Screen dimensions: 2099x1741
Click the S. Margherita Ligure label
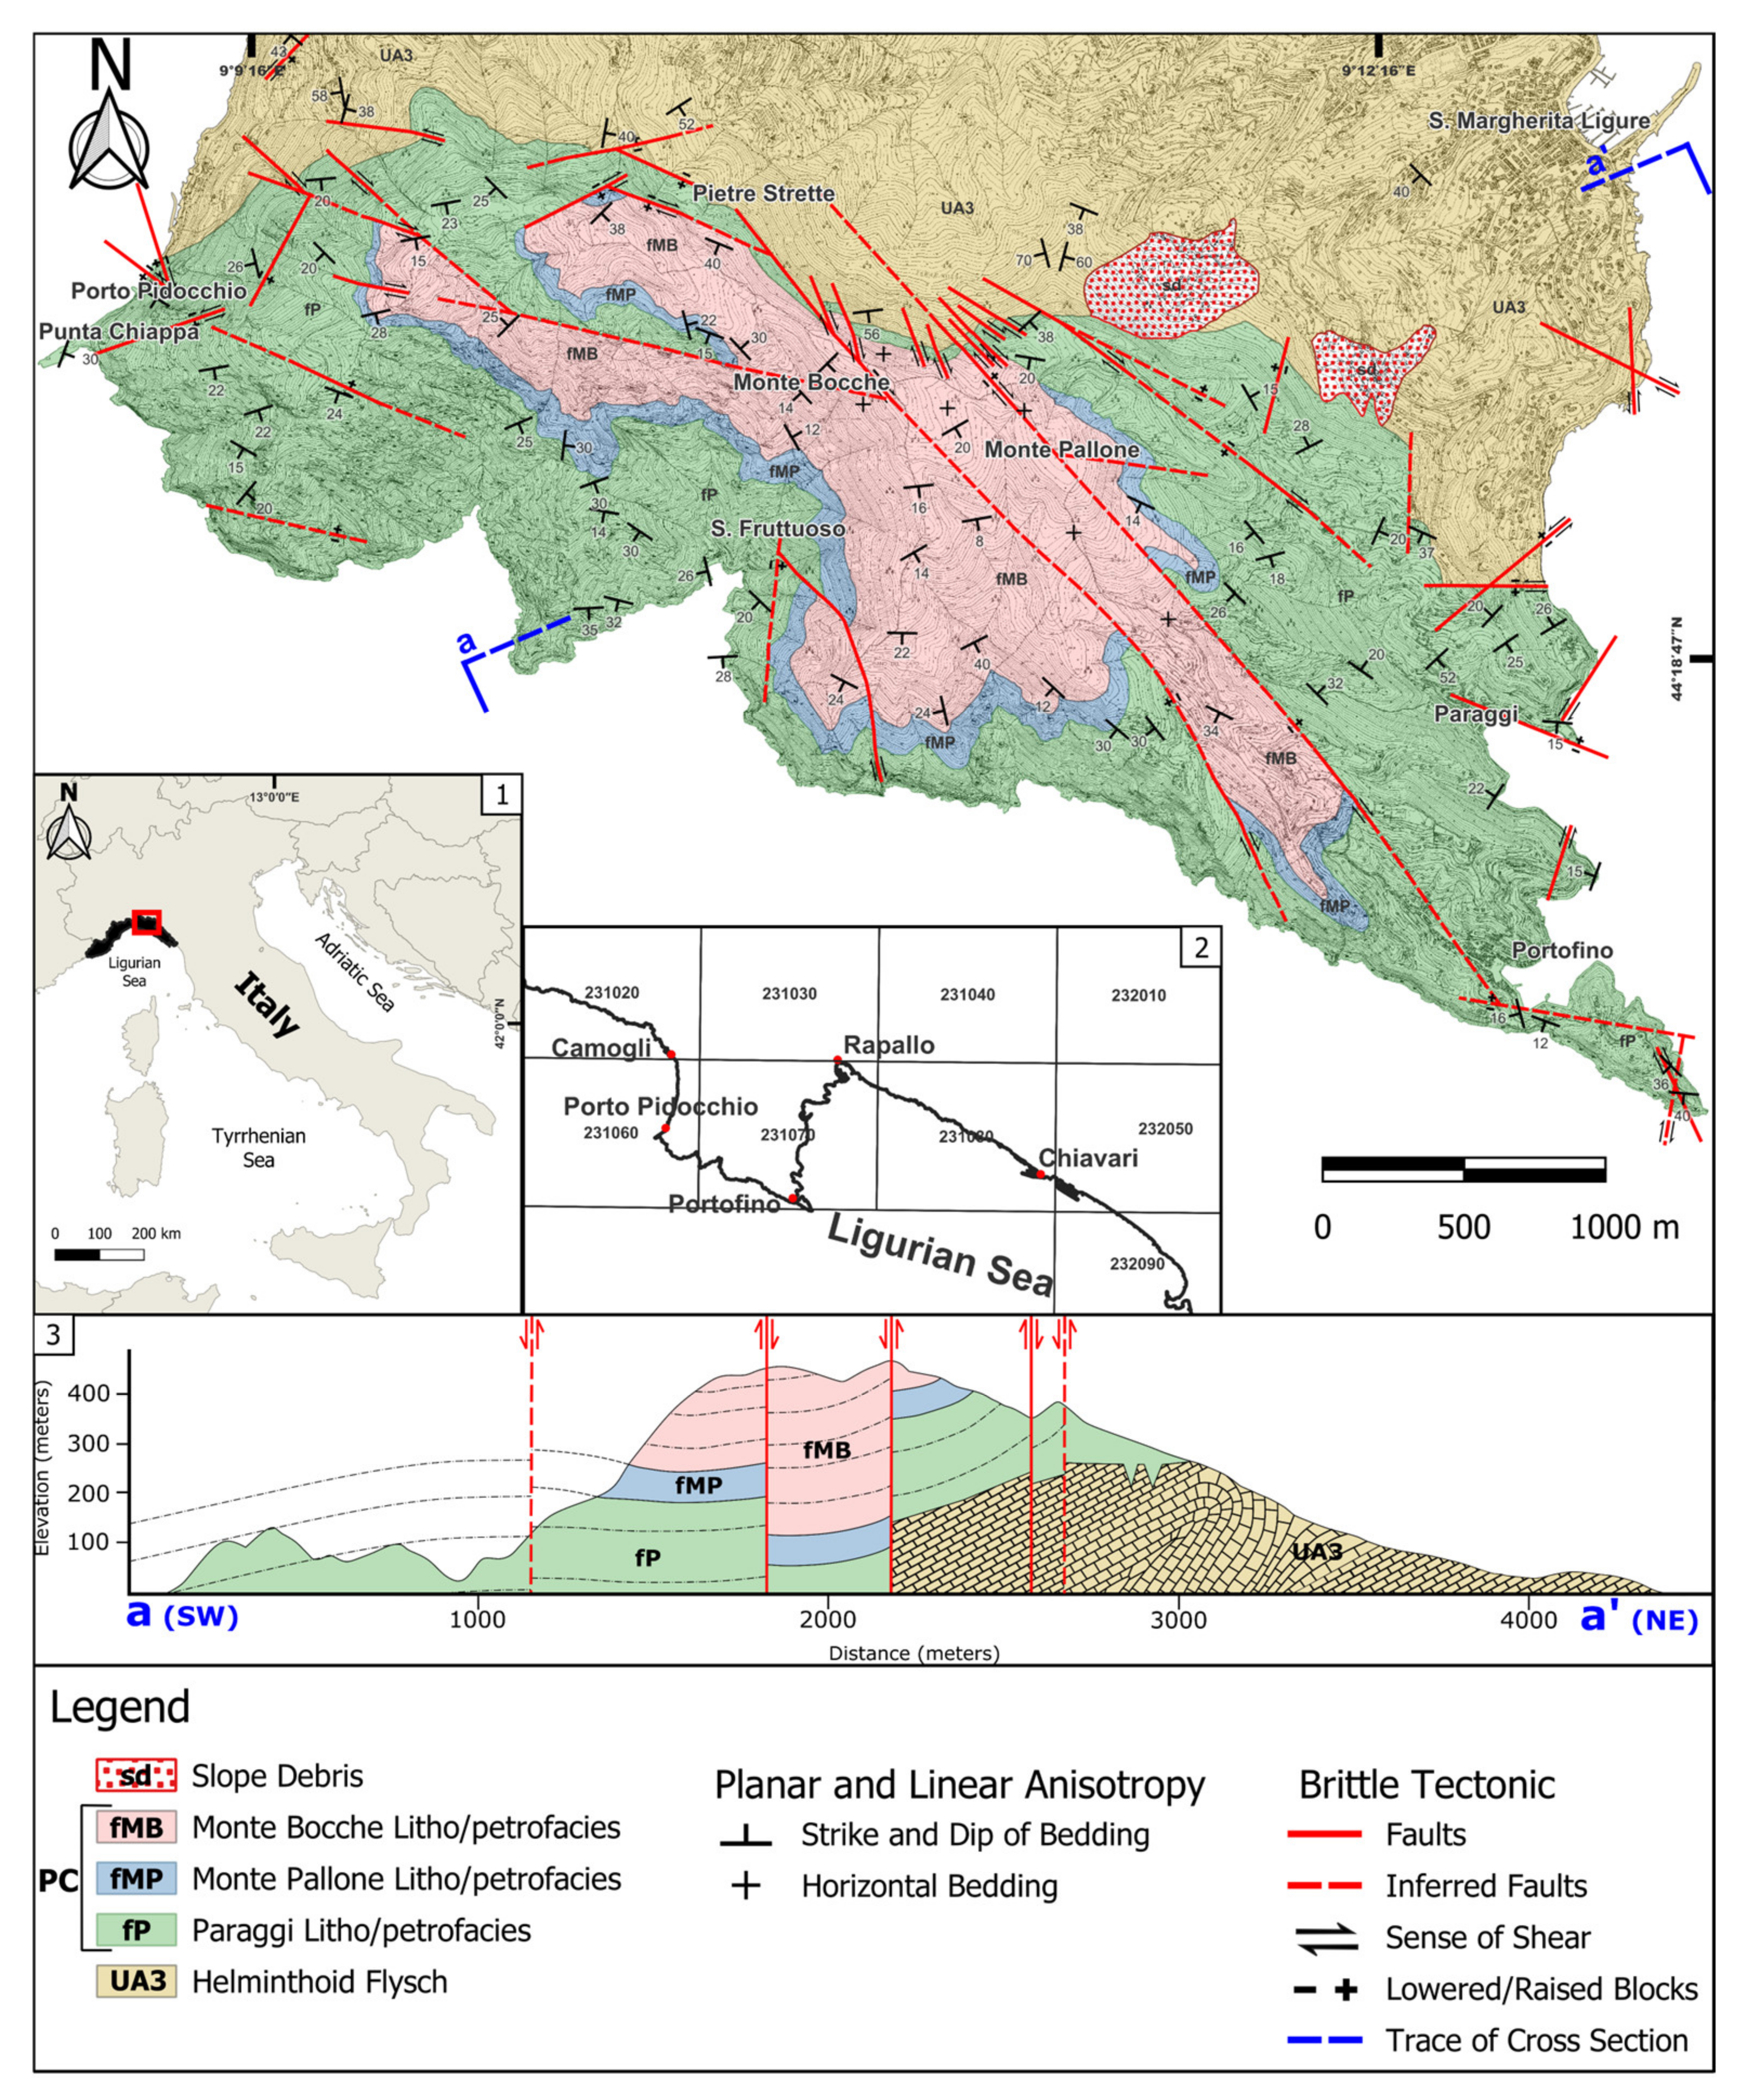click(1538, 121)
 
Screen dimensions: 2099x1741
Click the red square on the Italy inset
click(147, 922)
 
